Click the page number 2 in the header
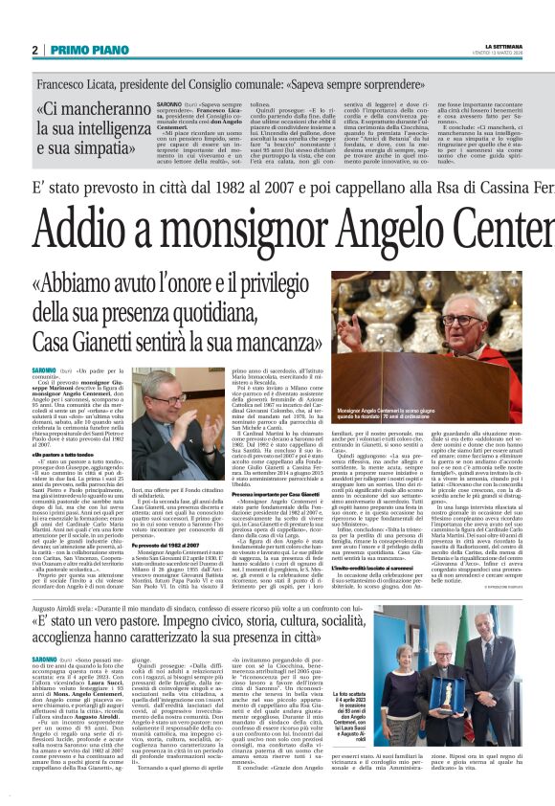point(34,50)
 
